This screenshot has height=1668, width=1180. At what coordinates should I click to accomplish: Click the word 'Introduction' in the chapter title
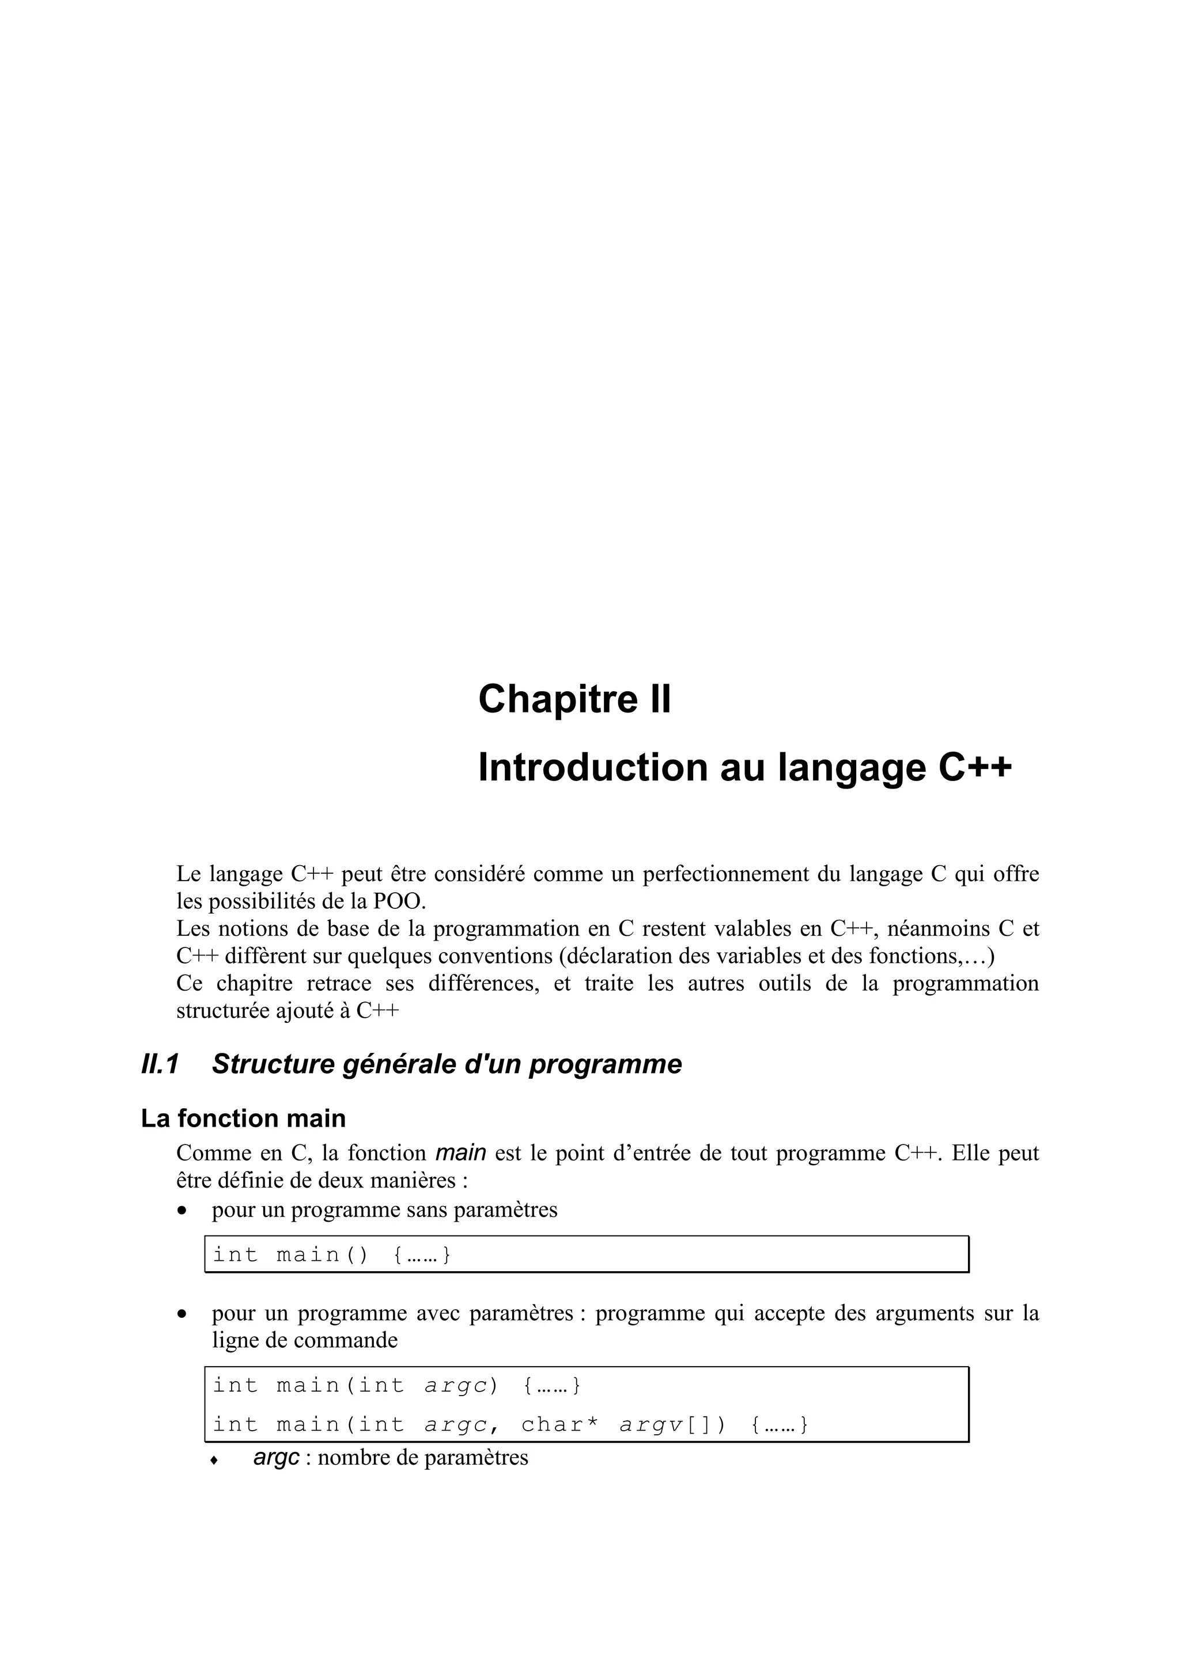(x=592, y=768)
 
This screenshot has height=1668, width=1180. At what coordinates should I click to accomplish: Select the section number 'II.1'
(x=160, y=1064)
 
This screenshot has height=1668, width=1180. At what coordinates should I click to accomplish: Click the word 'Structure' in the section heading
(x=270, y=1064)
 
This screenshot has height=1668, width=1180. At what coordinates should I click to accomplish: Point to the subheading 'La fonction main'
(x=243, y=1118)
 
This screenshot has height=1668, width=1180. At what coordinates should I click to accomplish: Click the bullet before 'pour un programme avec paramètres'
(x=183, y=1314)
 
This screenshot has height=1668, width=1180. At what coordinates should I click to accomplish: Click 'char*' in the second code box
(x=560, y=1424)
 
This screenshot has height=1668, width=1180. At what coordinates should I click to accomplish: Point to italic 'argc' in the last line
(x=276, y=1458)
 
